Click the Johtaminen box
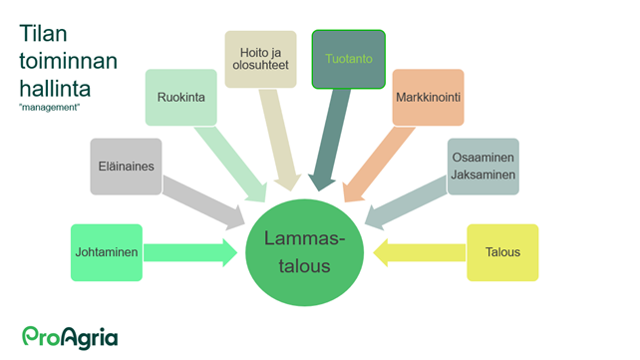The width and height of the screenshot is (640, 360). point(107,253)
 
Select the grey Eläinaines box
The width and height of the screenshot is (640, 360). point(126,167)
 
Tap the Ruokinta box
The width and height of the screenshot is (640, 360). point(180,98)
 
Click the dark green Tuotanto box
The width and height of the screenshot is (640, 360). point(348,59)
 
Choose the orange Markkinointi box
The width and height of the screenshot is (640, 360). point(428,98)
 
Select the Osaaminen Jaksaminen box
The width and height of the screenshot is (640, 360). point(482,167)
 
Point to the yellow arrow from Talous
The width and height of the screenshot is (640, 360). point(419,253)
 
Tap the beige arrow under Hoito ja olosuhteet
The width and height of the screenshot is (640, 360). point(280,140)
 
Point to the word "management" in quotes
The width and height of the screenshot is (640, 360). point(49,107)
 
